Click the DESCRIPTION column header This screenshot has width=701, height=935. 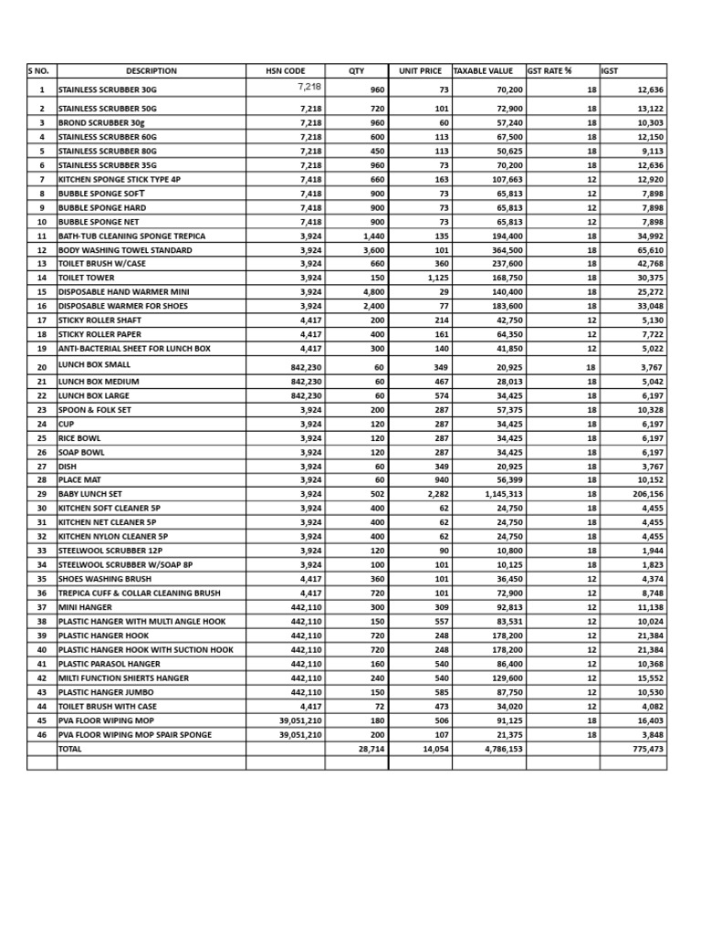151,70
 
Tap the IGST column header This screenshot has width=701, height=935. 610,70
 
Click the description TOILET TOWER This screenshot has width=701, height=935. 87,278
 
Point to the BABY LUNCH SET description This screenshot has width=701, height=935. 90,493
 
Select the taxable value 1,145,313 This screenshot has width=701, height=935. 497,493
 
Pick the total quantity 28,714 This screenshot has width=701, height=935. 371,748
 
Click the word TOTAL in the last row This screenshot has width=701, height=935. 70,748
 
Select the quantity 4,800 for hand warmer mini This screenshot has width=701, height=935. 372,291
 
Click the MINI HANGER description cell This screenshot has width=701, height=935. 87,606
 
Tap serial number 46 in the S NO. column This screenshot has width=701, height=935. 42,734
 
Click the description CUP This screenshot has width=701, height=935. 66,424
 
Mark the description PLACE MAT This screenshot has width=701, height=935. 81,479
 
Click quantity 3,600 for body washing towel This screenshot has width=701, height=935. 372,249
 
